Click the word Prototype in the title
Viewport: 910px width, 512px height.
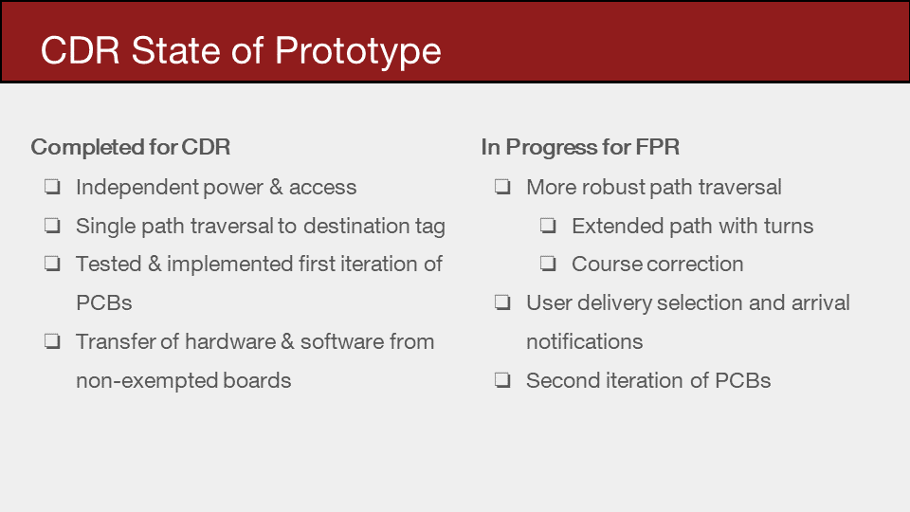pyautogui.click(x=357, y=51)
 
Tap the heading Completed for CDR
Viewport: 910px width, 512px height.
pyautogui.click(x=131, y=147)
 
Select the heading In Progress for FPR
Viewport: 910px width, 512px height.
pyautogui.click(x=580, y=147)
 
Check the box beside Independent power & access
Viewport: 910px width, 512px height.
pyautogui.click(x=53, y=187)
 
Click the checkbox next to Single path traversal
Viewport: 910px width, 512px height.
pyautogui.click(x=53, y=226)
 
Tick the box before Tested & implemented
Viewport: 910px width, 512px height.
pyautogui.click(x=53, y=264)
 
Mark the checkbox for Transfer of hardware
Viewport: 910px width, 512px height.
pyautogui.click(x=53, y=341)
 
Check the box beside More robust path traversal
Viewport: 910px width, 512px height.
pyautogui.click(x=502, y=187)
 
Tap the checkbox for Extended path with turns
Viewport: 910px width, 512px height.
pyautogui.click(x=548, y=226)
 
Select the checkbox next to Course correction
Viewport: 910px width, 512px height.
pyautogui.click(x=548, y=264)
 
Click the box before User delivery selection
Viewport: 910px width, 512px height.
pyautogui.click(x=502, y=302)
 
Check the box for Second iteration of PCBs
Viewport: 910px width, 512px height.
pyautogui.click(x=502, y=380)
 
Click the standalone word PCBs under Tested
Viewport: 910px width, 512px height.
pyautogui.click(x=104, y=303)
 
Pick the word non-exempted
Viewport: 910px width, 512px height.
pyautogui.click(x=146, y=381)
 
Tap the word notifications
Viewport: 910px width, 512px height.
pyautogui.click(x=585, y=342)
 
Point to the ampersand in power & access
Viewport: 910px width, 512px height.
pyautogui.click(x=276, y=187)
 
